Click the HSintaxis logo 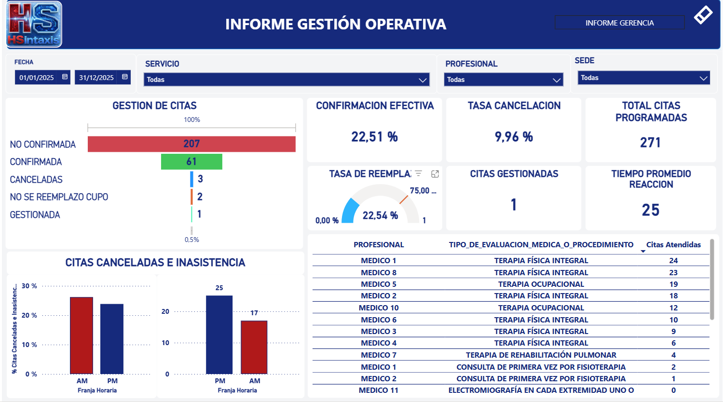click(x=34, y=24)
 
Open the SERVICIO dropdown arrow click(x=423, y=80)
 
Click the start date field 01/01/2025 click(x=37, y=78)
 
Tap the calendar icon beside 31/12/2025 click(x=125, y=77)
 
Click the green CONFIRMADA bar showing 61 click(x=191, y=162)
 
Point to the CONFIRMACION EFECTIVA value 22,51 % click(x=374, y=137)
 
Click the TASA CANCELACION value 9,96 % click(x=514, y=137)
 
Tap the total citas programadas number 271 click(x=650, y=143)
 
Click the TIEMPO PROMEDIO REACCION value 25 click(x=650, y=210)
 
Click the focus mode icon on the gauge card click(x=435, y=174)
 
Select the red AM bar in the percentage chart click(x=82, y=335)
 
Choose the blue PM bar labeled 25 click(x=219, y=335)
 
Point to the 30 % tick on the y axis click(x=29, y=286)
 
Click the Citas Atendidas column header click(x=673, y=245)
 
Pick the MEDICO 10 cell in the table click(x=379, y=308)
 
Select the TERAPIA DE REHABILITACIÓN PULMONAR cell click(x=541, y=355)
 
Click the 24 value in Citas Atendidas click(x=673, y=261)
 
